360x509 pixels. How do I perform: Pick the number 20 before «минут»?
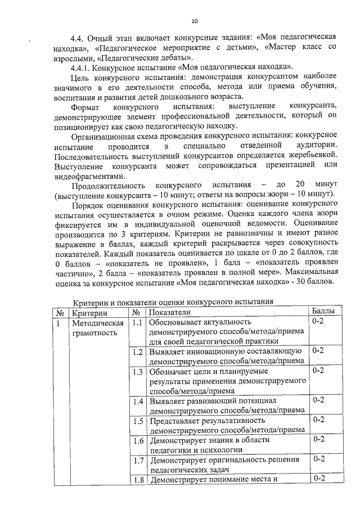[x=300, y=185]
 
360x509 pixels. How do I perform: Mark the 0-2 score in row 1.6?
[x=318, y=439]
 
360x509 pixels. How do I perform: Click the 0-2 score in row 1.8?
[x=318, y=479]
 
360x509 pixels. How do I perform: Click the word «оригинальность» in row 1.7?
[x=231, y=460]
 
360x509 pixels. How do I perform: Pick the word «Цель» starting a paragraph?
[x=79, y=78]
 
